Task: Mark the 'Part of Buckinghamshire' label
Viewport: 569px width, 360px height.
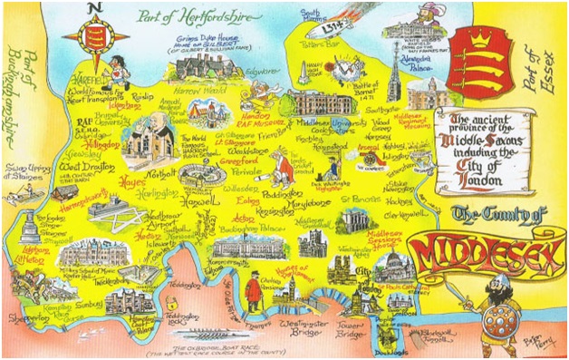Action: point(20,101)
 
